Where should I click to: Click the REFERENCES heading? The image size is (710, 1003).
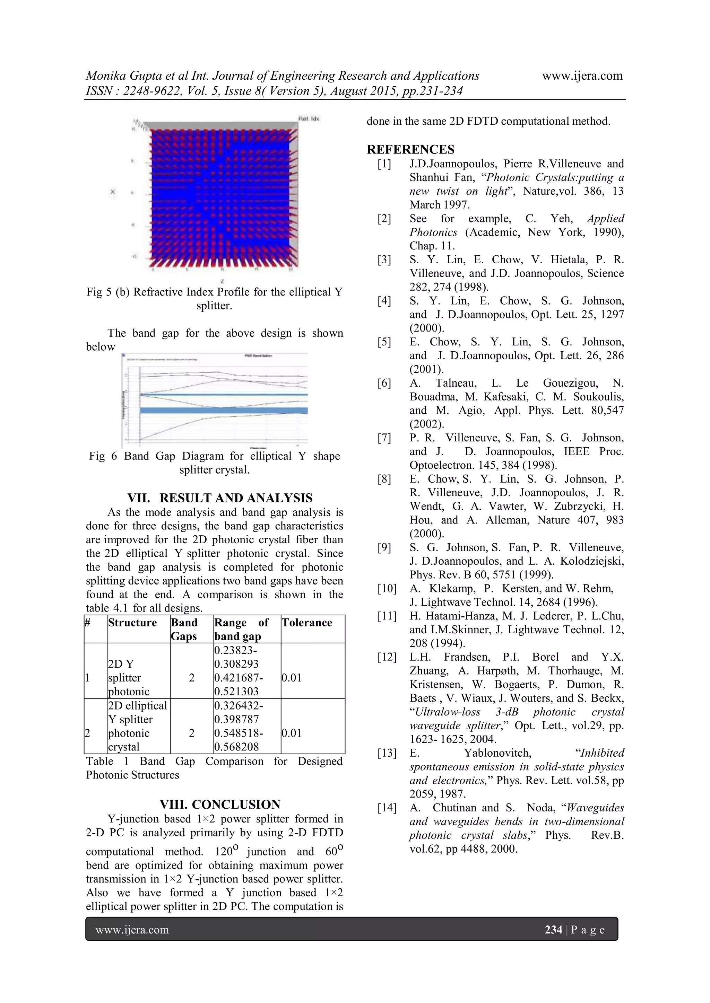click(x=410, y=149)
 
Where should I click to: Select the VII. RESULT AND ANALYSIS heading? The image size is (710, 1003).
click(x=219, y=498)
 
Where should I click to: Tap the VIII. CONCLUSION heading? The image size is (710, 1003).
click(x=219, y=804)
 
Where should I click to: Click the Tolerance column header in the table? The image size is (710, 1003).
click(x=306, y=623)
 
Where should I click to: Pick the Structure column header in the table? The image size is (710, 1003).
click(x=132, y=623)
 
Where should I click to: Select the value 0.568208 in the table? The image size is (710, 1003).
click(x=236, y=747)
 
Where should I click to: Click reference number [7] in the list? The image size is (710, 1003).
click(x=384, y=438)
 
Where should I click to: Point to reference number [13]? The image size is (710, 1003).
click(x=387, y=753)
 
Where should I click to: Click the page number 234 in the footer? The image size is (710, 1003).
click(x=553, y=930)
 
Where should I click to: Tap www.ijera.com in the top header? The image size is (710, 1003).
click(x=582, y=76)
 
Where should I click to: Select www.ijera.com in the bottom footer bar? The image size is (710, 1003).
click(x=132, y=930)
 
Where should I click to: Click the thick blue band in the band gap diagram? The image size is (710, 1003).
click(x=223, y=410)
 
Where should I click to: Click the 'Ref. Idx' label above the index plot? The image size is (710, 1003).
click(x=309, y=119)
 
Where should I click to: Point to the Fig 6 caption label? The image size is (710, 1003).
click(x=103, y=456)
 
